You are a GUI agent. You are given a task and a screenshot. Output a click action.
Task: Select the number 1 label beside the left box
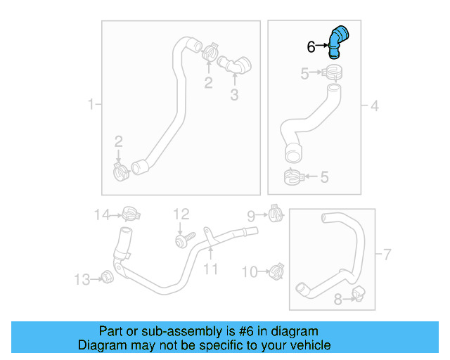(91, 105)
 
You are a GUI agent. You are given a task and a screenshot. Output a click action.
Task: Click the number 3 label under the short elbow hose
(234, 94)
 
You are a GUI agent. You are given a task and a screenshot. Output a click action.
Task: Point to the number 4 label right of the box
(375, 106)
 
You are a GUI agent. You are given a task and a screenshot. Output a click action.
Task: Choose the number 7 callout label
(385, 252)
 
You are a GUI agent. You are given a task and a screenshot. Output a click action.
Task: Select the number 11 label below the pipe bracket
(211, 269)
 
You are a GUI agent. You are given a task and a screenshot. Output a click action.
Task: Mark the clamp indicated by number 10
(276, 269)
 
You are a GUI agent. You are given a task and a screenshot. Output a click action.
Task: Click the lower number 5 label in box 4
(324, 177)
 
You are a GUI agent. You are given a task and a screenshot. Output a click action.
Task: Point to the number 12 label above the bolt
(181, 213)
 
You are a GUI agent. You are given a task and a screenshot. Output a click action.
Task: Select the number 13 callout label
(82, 281)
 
